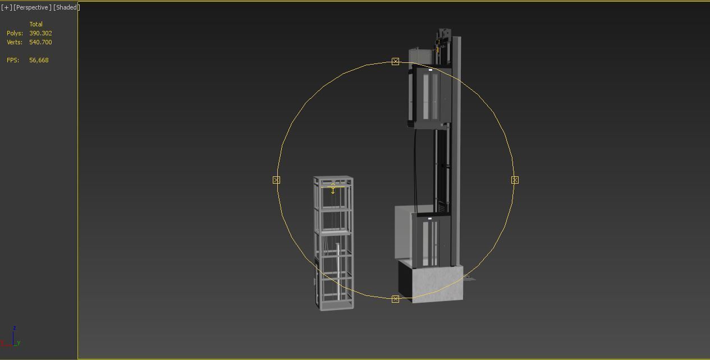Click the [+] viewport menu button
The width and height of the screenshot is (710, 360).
(6, 7)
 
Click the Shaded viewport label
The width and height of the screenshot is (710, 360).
(67, 7)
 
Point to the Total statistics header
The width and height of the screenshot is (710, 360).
(36, 24)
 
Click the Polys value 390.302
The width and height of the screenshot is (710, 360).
(40, 33)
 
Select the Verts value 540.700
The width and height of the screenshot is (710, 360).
(40, 42)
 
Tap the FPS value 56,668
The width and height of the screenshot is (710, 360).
(39, 60)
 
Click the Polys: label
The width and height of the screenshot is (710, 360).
(15, 33)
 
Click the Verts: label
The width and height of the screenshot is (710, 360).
(15, 42)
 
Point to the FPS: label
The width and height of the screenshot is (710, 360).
(13, 60)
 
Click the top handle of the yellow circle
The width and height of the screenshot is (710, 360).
(395, 61)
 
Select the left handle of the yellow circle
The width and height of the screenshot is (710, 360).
(276, 180)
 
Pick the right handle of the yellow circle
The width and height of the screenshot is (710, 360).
(515, 180)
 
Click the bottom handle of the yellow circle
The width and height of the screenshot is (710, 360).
(395, 299)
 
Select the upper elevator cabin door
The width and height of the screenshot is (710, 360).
(430, 96)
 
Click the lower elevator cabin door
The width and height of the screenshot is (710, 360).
(430, 243)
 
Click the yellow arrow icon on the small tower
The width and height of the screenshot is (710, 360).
(333, 189)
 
